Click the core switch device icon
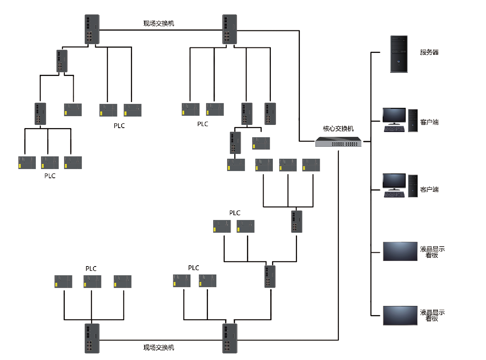[338, 142]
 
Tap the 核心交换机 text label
[338, 129]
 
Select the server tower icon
[399, 54]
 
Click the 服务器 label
[429, 52]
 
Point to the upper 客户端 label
[429, 122]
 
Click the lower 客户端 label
[429, 189]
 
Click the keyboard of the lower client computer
[394, 195]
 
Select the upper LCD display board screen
[400, 251]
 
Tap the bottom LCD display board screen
[400, 315]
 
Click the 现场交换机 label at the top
[159, 23]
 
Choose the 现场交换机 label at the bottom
[159, 348]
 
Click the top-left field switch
[91, 29]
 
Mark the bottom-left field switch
[91, 338]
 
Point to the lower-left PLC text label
[91, 269]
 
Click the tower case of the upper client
[413, 121]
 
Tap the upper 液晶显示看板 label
[432, 252]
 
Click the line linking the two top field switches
[159, 29]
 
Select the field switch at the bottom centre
[229, 338]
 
